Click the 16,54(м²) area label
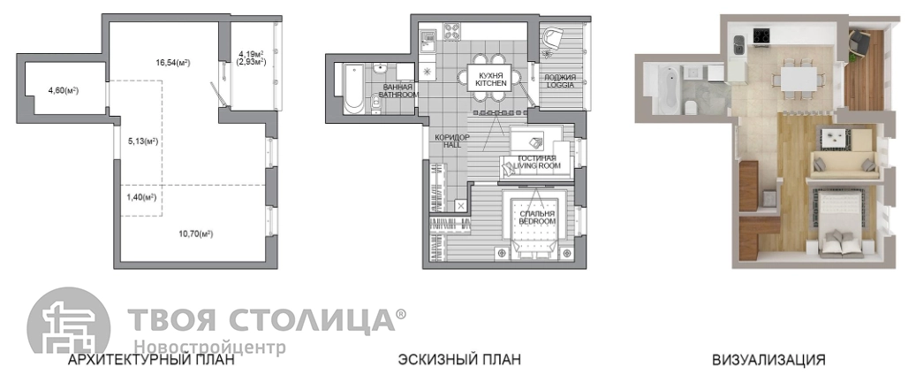tap(173, 63)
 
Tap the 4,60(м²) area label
tap(63, 91)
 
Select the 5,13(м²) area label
tap(143, 141)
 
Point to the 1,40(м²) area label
tap(141, 196)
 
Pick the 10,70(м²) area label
tap(195, 234)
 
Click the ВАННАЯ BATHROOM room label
tap(398, 91)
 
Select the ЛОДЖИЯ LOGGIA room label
tap(560, 80)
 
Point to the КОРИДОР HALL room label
tap(453, 141)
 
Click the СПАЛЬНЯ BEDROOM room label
tap(537, 218)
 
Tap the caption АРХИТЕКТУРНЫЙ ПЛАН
tap(152, 359)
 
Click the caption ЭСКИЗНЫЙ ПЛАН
tap(459, 359)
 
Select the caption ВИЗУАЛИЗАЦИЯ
tap(768, 359)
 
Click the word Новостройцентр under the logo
tap(209, 348)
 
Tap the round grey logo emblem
tap(69, 322)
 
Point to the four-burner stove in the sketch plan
tap(453, 31)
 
